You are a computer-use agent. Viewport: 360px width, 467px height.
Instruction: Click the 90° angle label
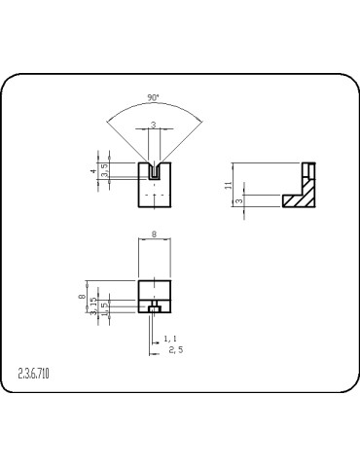tap(154, 98)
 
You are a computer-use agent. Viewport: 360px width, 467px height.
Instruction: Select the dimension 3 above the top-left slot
tap(154, 126)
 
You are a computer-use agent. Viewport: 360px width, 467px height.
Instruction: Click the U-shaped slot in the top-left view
tap(154, 170)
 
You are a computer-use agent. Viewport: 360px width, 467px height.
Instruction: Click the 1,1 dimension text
tap(169, 338)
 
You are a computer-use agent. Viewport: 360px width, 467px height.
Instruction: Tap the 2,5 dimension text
tap(175, 349)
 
